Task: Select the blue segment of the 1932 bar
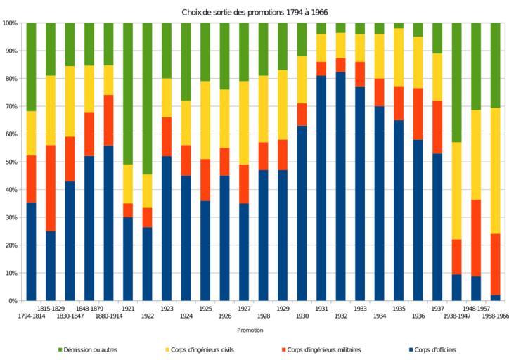(x=340, y=186)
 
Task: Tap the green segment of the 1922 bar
(x=147, y=98)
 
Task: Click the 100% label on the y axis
(x=10, y=23)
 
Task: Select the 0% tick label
(x=13, y=301)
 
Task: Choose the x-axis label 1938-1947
(x=456, y=316)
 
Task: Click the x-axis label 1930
(x=302, y=316)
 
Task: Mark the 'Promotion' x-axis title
(x=250, y=330)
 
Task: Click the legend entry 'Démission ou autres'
(x=92, y=349)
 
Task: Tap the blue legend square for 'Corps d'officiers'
(x=411, y=349)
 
